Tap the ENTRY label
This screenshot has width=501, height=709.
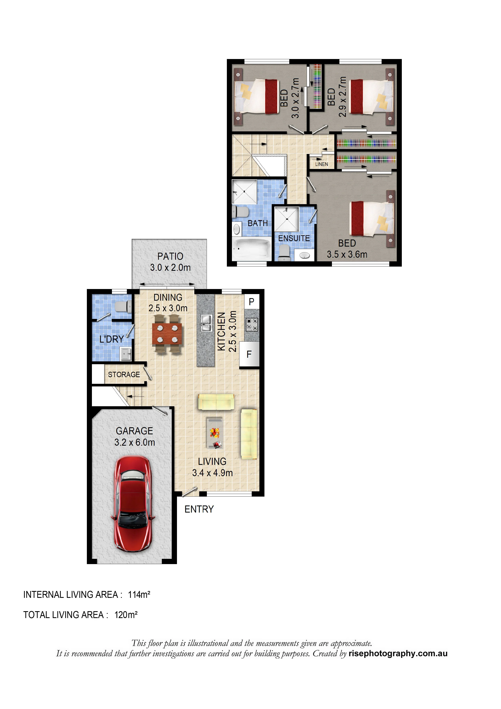pyautogui.click(x=199, y=509)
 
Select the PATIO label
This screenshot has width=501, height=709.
pyautogui.click(x=170, y=256)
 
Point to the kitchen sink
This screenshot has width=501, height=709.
pyautogui.click(x=206, y=323)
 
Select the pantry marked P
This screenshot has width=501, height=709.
pyautogui.click(x=252, y=302)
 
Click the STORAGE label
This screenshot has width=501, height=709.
pyautogui.click(x=124, y=375)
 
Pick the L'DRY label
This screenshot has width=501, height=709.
pyautogui.click(x=112, y=339)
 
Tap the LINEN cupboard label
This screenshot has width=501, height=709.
pyautogui.click(x=322, y=164)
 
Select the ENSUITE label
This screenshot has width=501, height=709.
pyautogui.click(x=294, y=238)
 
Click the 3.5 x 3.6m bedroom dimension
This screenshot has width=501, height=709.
pyautogui.click(x=347, y=254)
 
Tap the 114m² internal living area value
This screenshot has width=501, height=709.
pyautogui.click(x=139, y=595)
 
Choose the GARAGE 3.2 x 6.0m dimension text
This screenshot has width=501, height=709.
pyautogui.click(x=135, y=442)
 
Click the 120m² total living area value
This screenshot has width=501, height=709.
pyautogui.click(x=126, y=615)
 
